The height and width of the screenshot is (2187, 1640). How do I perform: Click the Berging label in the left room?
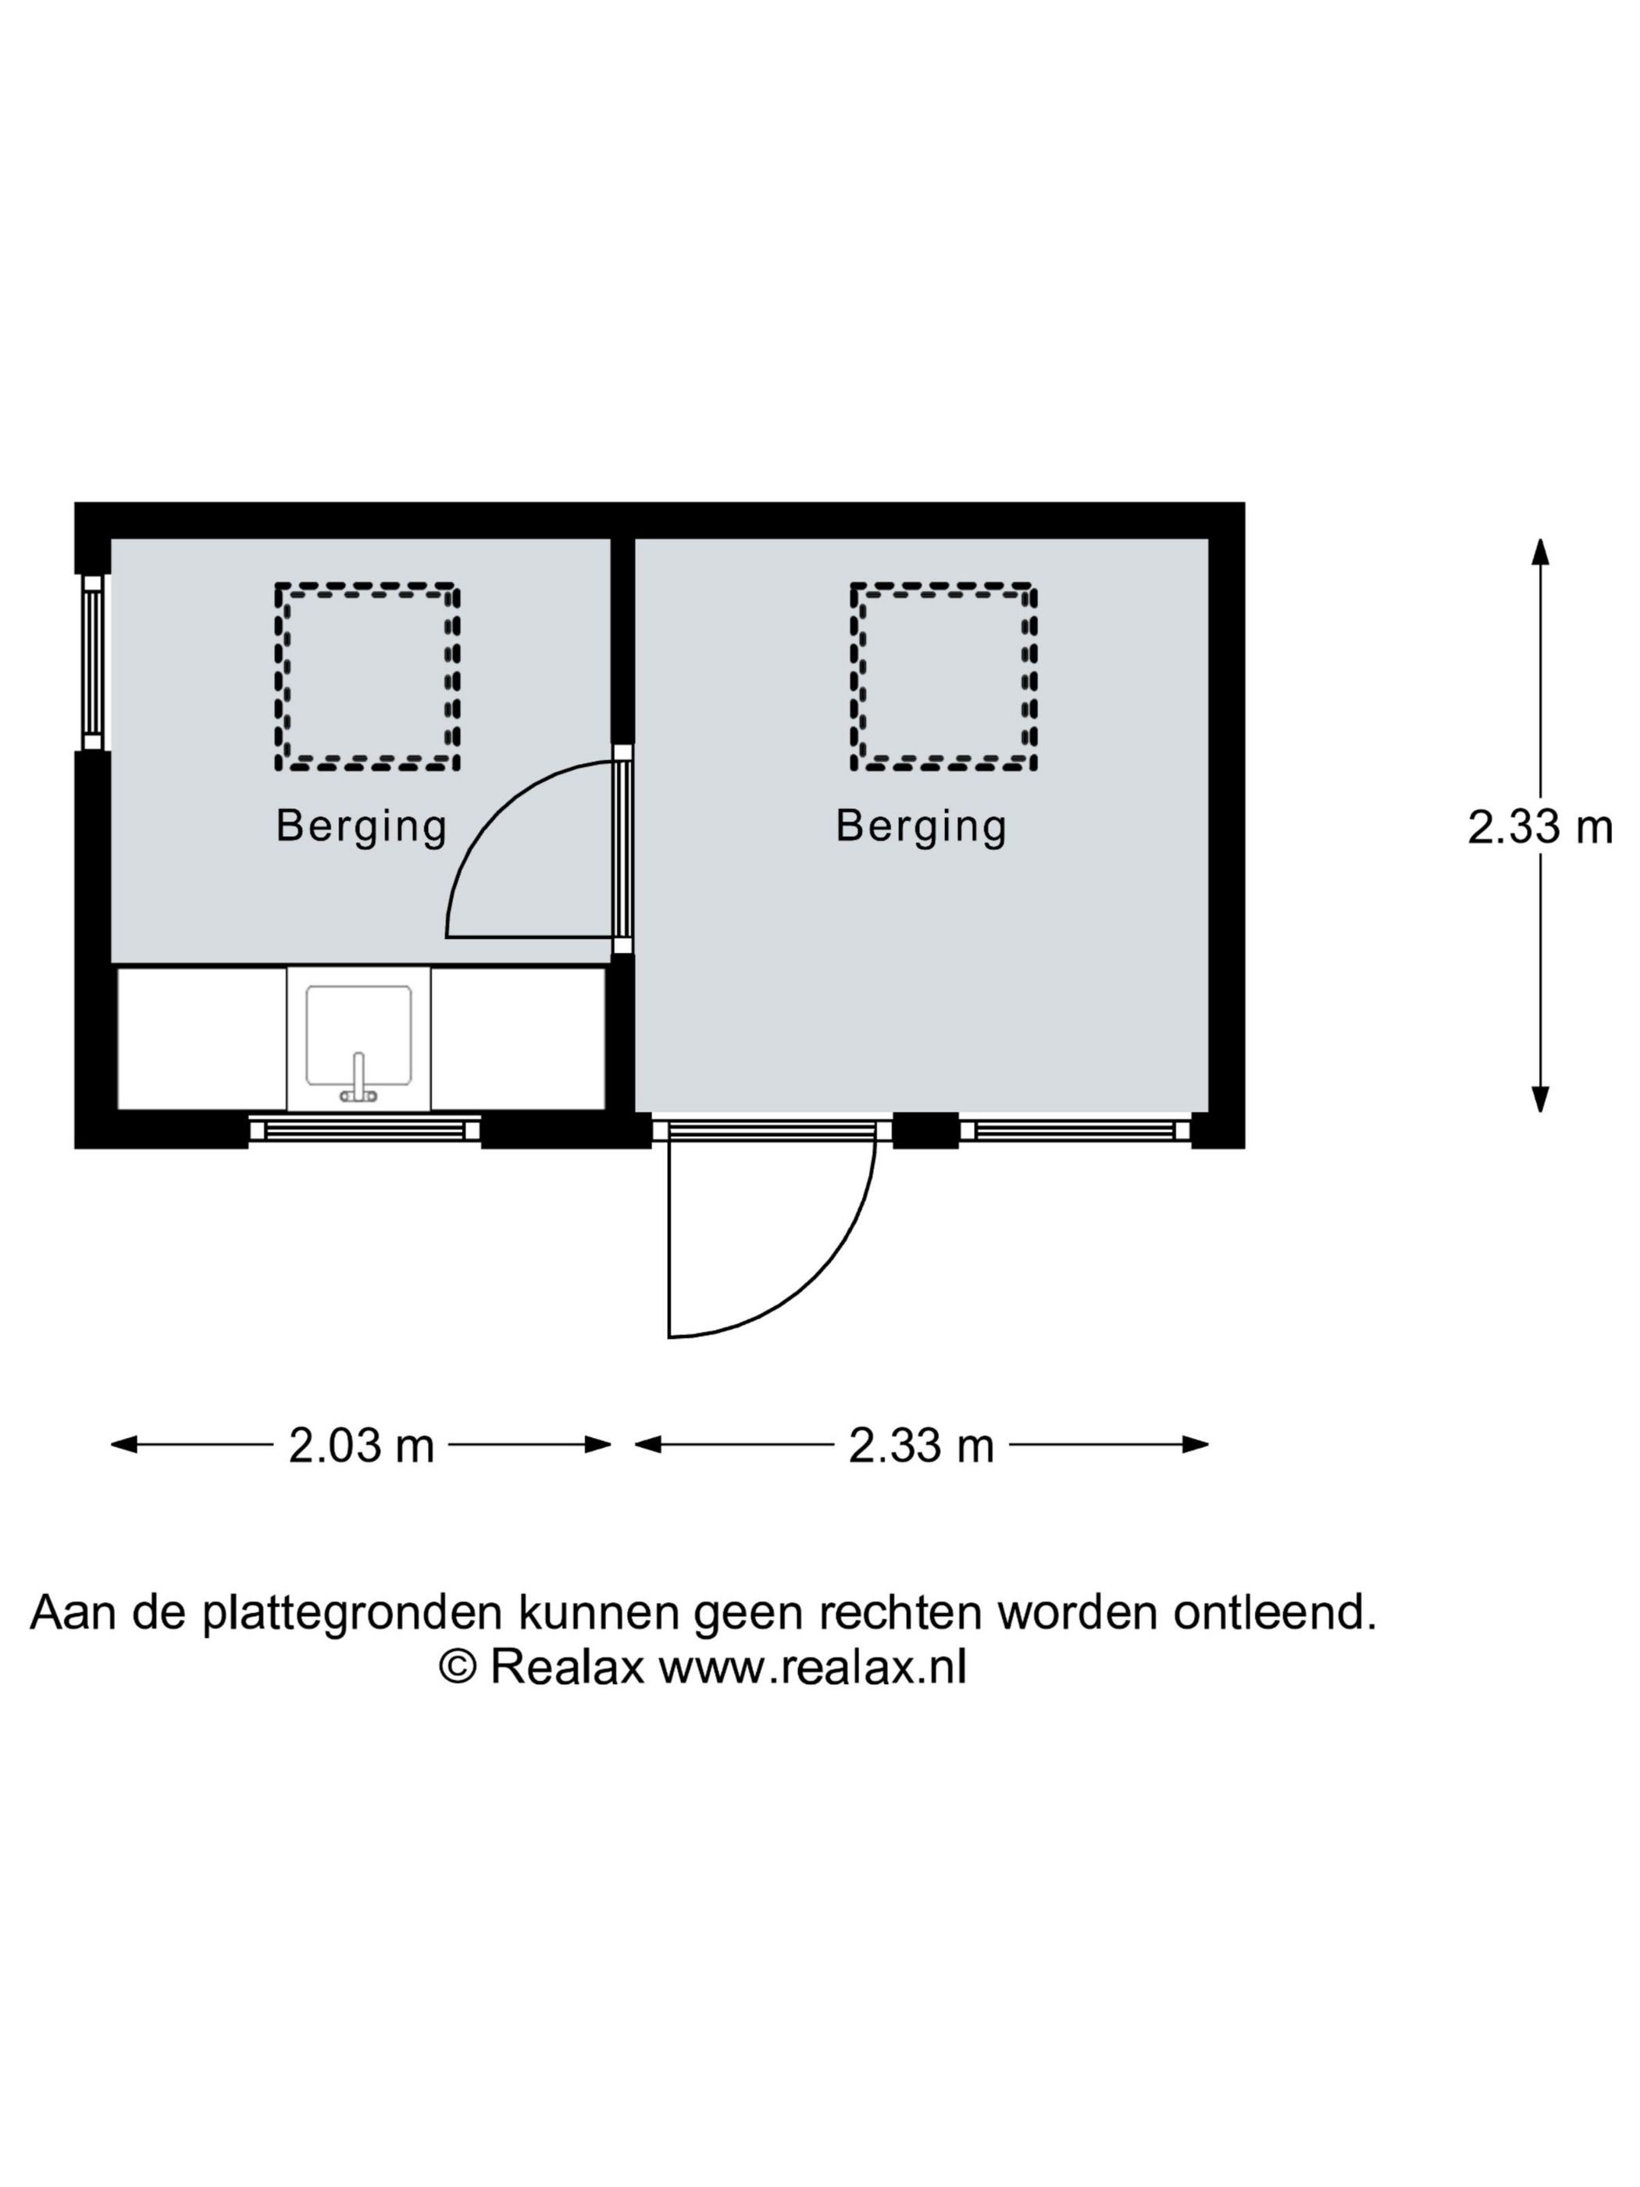pyautogui.click(x=361, y=826)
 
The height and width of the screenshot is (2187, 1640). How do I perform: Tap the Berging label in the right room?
pyautogui.click(x=920, y=826)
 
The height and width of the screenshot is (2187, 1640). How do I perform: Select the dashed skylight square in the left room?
pyautogui.click(x=367, y=677)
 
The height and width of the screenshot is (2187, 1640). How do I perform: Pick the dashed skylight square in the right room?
pyautogui.click(x=943, y=677)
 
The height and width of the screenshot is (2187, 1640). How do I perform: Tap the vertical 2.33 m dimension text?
pyautogui.click(x=1539, y=826)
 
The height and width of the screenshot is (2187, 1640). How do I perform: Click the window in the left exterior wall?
pyautogui.click(x=92, y=662)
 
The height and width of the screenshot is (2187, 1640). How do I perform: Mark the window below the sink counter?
pyautogui.click(x=364, y=1129)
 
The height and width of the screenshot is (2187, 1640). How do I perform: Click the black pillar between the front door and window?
pyautogui.click(x=925, y=1130)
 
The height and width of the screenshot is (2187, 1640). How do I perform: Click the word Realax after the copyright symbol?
pyautogui.click(x=566, y=1667)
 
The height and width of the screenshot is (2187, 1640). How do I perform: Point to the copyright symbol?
pyautogui.click(x=457, y=1667)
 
